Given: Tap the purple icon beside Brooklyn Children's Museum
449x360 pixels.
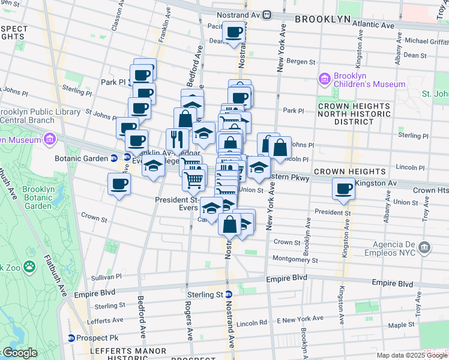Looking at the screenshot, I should (325, 79).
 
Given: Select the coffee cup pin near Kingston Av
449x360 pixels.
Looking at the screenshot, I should (344, 188).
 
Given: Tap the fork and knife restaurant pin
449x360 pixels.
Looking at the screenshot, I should (176, 139).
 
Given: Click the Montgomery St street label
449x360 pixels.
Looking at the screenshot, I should (295, 260).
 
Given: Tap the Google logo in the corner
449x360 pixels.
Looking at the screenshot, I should (19, 353).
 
